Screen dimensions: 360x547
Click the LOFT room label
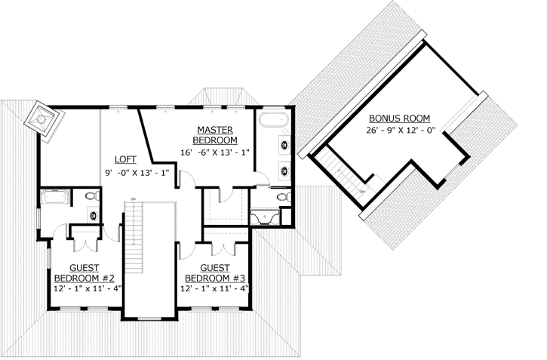[x=125, y=159]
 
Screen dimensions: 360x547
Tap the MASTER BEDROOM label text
[x=215, y=135]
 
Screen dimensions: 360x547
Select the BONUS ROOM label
[x=399, y=119]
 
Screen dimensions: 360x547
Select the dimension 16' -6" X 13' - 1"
[x=215, y=153]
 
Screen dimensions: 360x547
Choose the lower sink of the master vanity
[x=284, y=170]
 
